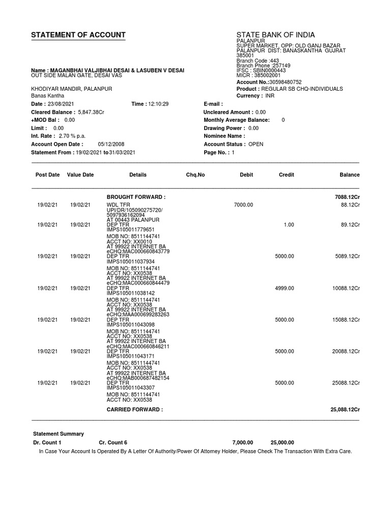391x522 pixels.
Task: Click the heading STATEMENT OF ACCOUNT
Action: coord(78,35)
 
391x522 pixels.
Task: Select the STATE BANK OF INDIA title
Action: coord(275,35)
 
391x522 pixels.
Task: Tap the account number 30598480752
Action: coord(282,82)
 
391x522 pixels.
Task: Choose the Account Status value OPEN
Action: coord(256,144)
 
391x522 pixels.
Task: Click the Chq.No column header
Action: coord(195,175)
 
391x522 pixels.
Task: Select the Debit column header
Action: coord(246,175)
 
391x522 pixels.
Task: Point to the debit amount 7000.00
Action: coord(243,204)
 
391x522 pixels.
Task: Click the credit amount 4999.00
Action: coord(285,289)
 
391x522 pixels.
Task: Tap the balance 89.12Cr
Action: coord(350,225)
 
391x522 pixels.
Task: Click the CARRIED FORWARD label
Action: coord(134,409)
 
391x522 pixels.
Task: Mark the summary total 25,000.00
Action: coord(282,442)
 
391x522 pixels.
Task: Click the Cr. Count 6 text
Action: coord(113,442)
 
